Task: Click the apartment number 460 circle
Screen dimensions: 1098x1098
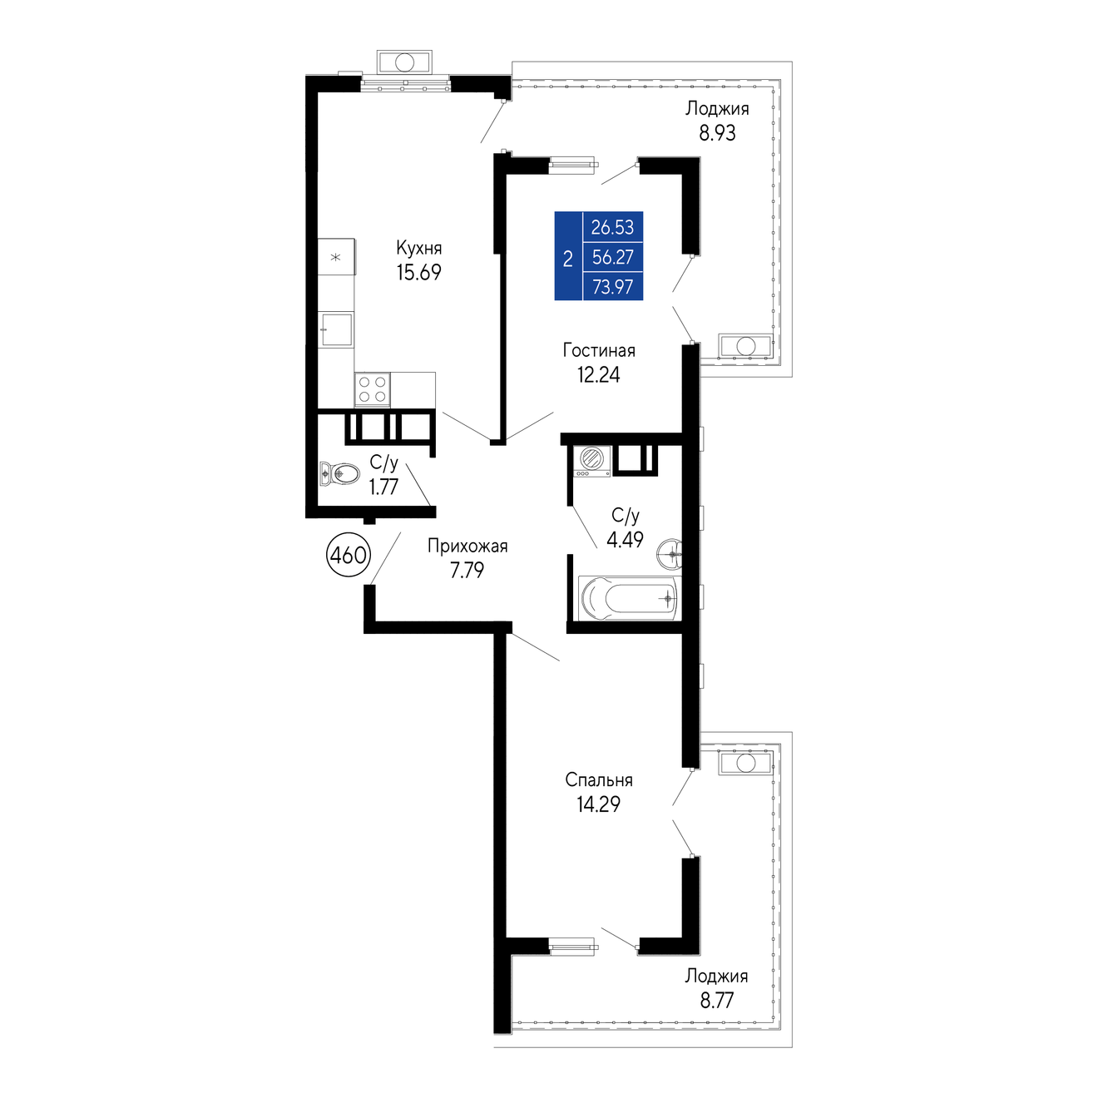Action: [x=349, y=554]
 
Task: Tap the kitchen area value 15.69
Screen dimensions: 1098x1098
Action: [x=418, y=272]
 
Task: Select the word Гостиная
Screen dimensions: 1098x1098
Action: [x=599, y=350]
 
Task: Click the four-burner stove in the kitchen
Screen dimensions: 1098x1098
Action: [x=372, y=389]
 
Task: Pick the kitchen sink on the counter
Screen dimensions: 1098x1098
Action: [x=335, y=329]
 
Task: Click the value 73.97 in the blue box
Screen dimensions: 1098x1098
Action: [x=612, y=287]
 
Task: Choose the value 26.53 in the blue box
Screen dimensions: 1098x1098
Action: [x=612, y=227]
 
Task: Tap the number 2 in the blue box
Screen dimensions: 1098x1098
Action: [x=567, y=260]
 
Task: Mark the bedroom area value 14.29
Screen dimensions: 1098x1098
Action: [x=598, y=804]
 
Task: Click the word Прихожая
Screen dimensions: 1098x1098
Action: [x=467, y=546]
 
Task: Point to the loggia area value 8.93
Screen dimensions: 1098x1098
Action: [x=717, y=133]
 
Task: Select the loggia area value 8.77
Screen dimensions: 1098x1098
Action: [x=717, y=1000]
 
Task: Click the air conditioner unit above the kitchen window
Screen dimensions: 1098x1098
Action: [x=404, y=62]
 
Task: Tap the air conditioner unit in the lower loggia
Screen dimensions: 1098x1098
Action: [x=745, y=763]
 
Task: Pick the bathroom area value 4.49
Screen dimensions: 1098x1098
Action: [x=625, y=539]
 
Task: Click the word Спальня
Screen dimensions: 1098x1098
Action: [x=599, y=779]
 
